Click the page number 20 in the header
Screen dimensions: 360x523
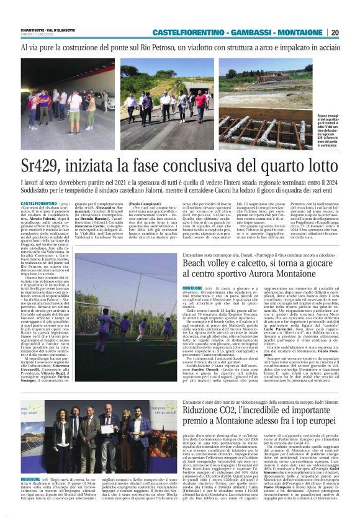click(335, 32)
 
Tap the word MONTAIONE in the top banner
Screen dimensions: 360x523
click(298, 32)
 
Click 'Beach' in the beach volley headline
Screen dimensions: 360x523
click(196, 264)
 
